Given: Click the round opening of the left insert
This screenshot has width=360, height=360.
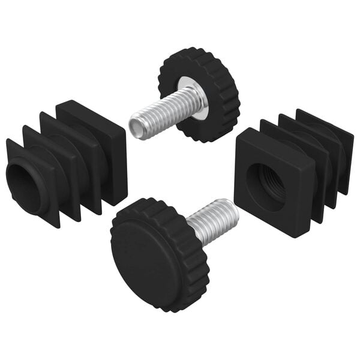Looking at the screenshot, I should pos(23,188).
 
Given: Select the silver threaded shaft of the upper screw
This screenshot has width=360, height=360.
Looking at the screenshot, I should pos(165,110).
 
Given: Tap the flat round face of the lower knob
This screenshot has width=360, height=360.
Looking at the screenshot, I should pos(148,256).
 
